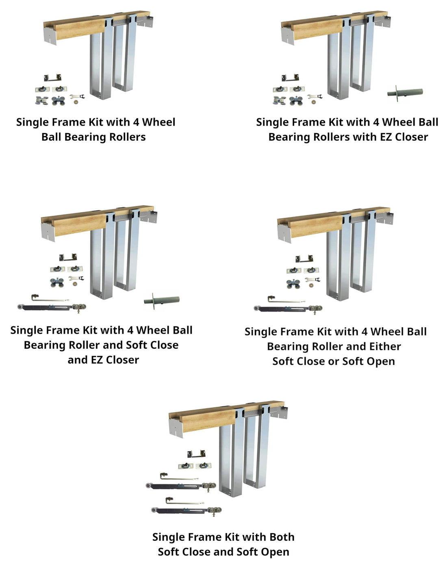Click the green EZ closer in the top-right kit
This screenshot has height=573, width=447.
coord(405,93)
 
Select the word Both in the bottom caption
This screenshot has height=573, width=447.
coord(282,537)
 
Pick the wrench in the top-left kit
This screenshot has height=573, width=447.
coord(77,97)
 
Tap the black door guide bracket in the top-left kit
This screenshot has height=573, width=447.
coord(52,78)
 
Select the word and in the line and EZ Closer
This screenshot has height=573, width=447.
coord(77,360)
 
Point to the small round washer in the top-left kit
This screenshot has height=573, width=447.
coord(75,101)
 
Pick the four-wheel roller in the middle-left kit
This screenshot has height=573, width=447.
coord(57,282)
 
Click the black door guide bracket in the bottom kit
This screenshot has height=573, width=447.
coord(196,454)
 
